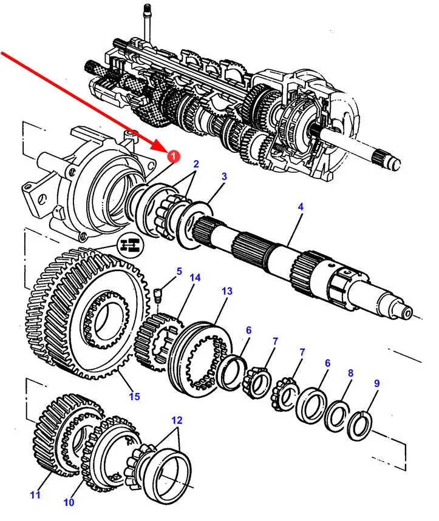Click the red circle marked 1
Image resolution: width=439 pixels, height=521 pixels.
pos(173,157)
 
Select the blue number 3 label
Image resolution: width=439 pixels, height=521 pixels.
pos(224,177)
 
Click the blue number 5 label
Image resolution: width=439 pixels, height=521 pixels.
pos(179,271)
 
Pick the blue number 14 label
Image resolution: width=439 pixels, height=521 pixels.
pos(195,278)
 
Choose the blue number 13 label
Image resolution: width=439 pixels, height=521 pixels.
pos(226,292)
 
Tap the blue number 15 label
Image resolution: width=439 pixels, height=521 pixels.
pos(134,397)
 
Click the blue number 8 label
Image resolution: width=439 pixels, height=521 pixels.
pos(350,374)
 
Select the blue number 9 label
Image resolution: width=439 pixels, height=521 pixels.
pos(376,383)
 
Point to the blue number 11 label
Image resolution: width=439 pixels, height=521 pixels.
pos(35,496)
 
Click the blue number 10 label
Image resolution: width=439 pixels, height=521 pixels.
pos(68,503)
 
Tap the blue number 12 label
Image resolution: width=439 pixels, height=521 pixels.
pos(176,420)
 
